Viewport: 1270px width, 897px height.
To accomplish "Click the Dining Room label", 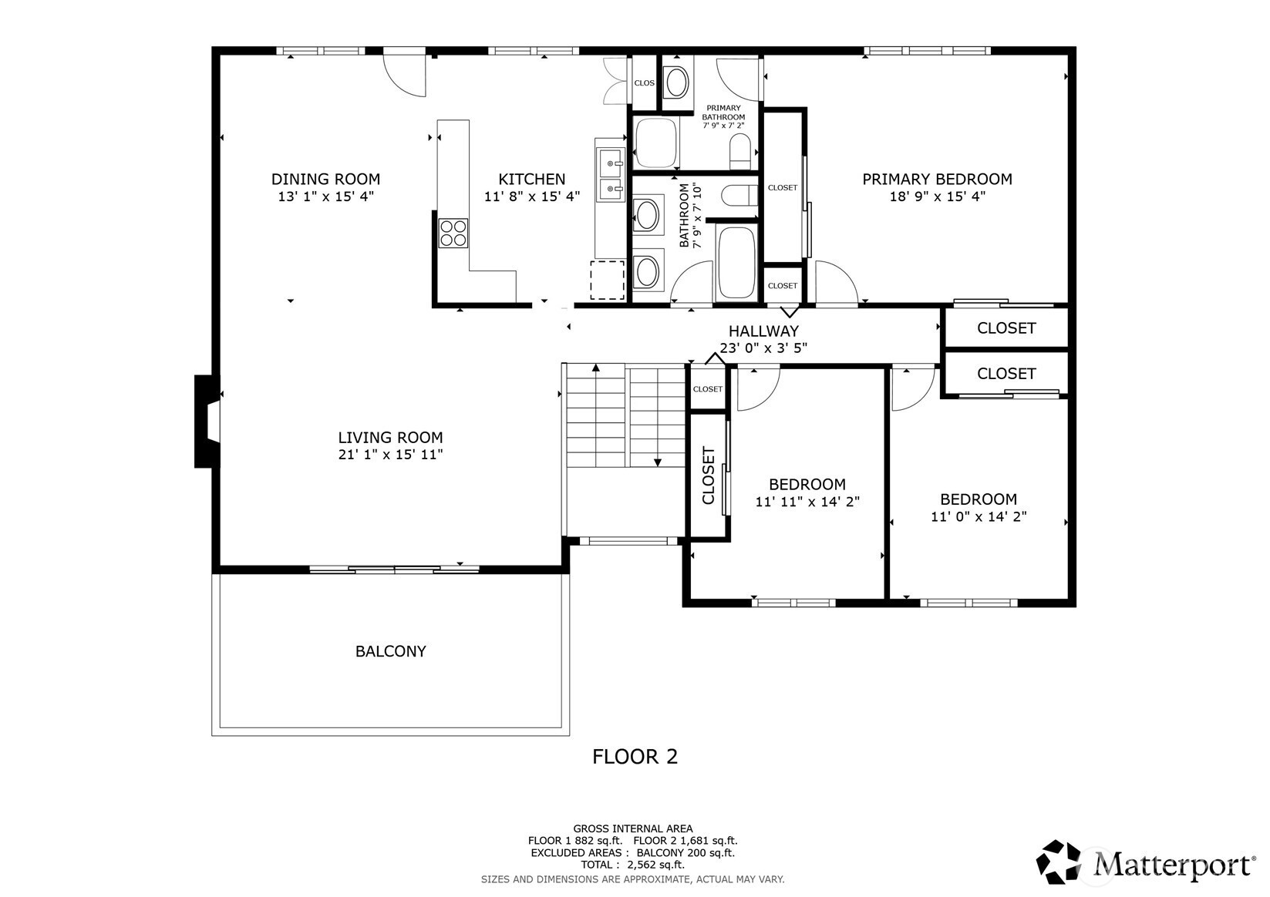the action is point(325,179).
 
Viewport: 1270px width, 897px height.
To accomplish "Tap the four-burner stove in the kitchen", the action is point(453,233).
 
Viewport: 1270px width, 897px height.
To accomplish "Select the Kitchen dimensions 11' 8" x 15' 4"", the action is point(532,197).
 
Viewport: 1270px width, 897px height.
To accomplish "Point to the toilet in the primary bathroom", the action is point(739,151).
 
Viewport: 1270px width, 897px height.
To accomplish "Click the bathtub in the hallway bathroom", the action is point(736,262).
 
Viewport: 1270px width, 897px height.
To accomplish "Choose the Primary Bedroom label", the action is point(937,179).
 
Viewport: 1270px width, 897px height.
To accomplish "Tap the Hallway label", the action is point(763,331).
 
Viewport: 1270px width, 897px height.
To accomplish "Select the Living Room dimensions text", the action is point(390,455).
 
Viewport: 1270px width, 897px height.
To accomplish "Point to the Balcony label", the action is point(390,651).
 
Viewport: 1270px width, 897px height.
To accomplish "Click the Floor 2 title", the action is point(635,757).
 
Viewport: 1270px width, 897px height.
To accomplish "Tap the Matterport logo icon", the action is point(1058,862).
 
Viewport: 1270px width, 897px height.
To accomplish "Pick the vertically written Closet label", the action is point(709,475).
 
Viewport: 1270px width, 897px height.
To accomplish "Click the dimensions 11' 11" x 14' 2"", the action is point(807,502).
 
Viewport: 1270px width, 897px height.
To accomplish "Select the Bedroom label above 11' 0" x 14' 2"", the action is point(979,499).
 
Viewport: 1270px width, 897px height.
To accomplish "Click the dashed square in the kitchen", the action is point(607,280).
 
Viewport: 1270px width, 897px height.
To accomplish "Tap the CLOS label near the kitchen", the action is point(644,82).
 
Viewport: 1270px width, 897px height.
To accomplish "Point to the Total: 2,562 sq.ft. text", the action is point(633,865).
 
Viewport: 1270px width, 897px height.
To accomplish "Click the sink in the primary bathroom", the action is point(677,82).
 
